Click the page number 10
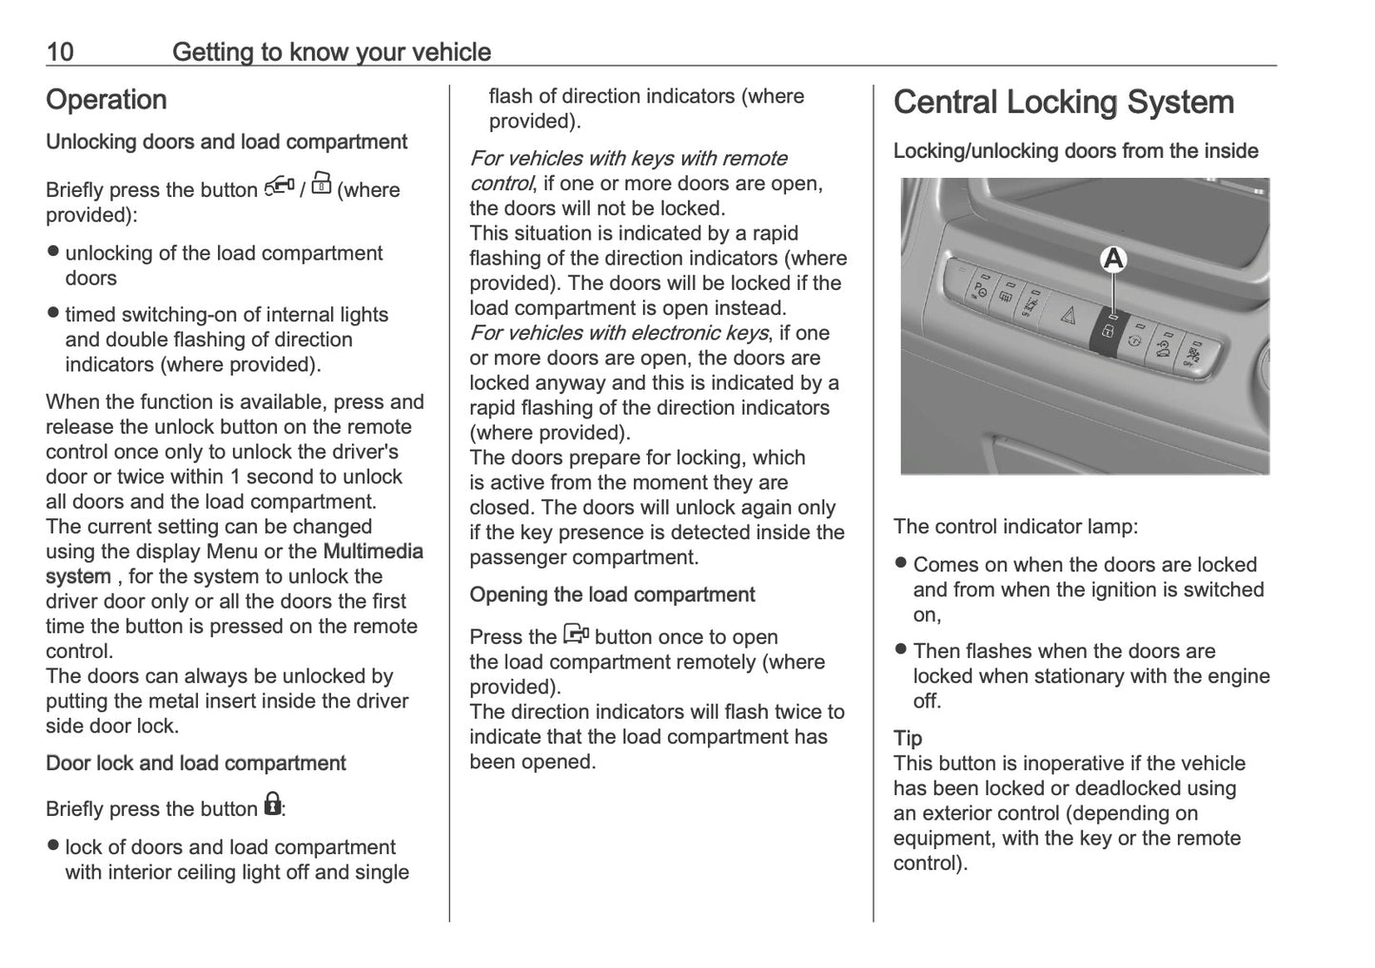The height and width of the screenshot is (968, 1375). pos(59,51)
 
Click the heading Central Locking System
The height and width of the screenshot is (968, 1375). pos(1063,103)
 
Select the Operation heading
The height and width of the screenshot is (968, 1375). pos(106,100)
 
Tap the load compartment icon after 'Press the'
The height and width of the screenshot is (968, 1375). pos(577,634)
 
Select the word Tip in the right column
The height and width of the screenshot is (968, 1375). pos(907,738)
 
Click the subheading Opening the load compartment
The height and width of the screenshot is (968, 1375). pos(612,595)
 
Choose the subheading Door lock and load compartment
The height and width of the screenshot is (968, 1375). pos(195,764)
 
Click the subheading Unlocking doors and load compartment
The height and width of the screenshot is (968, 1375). pos(226,143)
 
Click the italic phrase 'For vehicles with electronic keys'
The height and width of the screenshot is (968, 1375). pos(619,333)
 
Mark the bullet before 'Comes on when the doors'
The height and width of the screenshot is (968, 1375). pos(900,564)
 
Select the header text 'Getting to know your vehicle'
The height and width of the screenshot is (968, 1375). pos(331,51)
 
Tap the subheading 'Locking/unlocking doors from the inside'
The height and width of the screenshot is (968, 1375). pos(1075,151)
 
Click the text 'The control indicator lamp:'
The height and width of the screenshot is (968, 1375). pos(1015,527)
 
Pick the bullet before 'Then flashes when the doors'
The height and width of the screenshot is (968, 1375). pos(900,650)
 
